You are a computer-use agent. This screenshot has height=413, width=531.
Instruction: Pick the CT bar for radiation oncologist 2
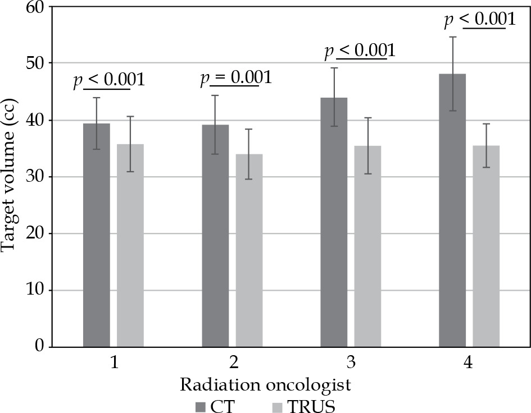[215, 236]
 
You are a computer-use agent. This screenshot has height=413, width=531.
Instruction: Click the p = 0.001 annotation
[236, 77]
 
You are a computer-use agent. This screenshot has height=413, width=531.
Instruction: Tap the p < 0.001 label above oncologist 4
[479, 20]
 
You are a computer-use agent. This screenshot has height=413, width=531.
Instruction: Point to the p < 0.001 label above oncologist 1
[109, 80]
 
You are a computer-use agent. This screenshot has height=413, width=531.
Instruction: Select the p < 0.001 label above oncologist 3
[360, 51]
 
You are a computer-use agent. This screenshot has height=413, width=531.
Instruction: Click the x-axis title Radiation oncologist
[266, 385]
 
